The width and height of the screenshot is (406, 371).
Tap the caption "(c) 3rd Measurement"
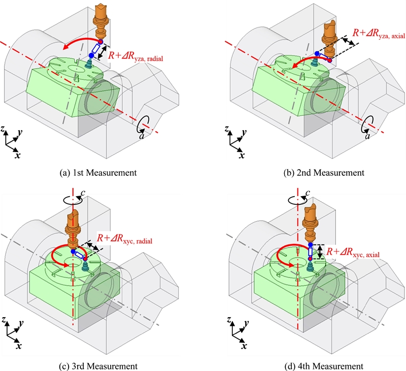(98, 365)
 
